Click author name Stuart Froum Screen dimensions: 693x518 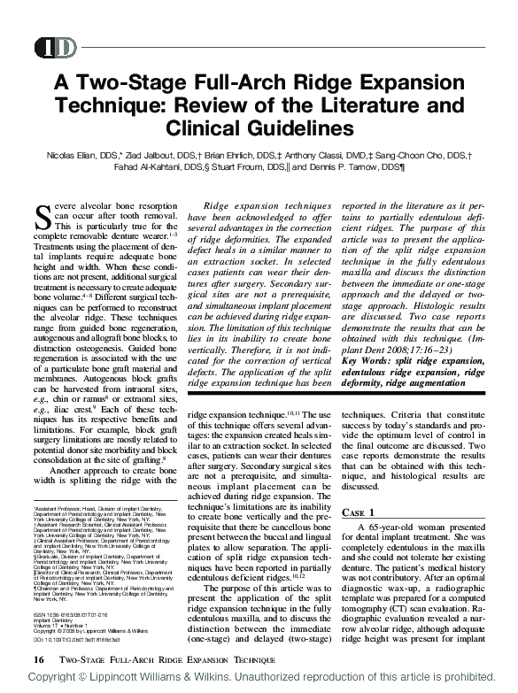254,169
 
